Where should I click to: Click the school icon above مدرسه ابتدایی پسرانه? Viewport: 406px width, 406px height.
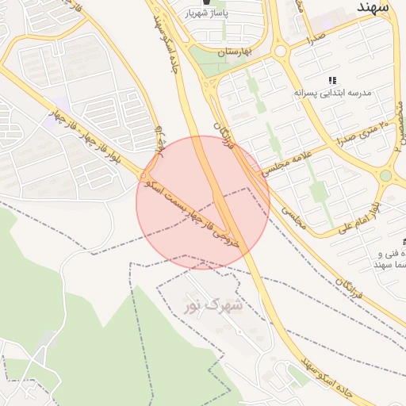(332, 80)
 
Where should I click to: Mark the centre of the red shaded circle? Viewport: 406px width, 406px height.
(203, 202)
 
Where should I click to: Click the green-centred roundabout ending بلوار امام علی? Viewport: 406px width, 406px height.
(386, 175)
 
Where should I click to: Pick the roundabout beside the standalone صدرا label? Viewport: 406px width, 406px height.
(281, 52)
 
